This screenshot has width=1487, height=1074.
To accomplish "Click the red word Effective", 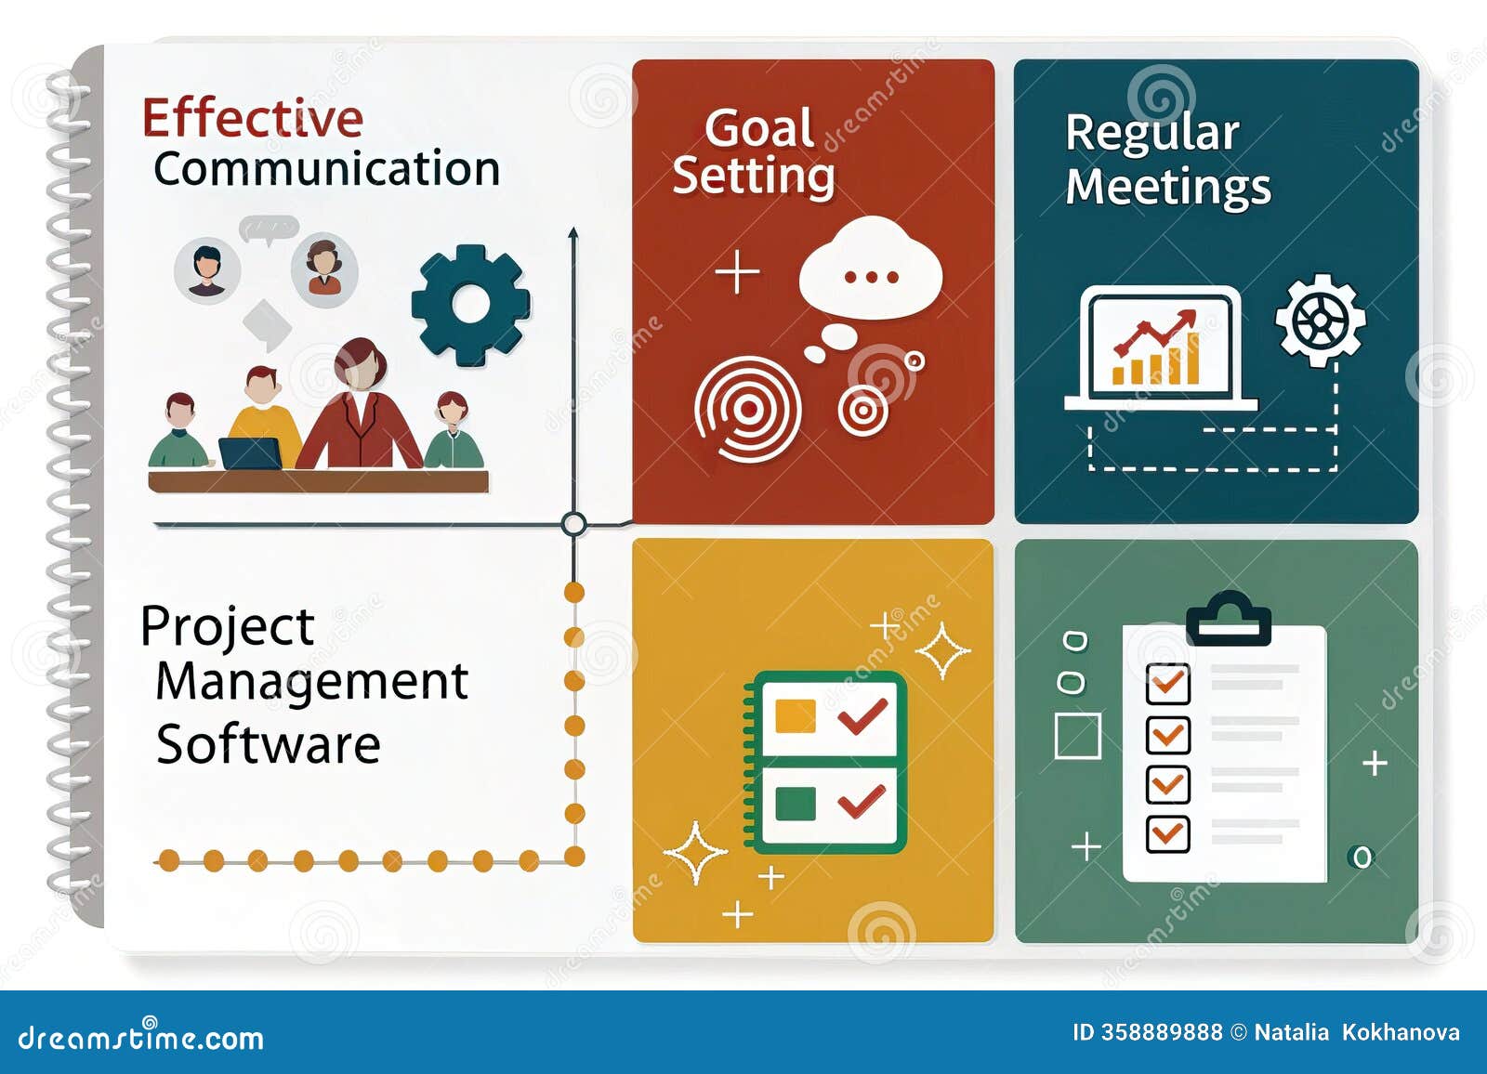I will [252, 118].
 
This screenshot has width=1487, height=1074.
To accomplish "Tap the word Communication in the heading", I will [326, 169].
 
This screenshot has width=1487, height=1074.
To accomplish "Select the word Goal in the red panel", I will [758, 128].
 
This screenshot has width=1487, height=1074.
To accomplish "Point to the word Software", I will [269, 744].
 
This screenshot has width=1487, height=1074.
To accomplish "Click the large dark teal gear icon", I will [470, 305].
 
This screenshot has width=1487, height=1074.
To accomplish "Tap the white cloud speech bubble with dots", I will [870, 270].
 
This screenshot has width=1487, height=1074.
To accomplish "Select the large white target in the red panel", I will [747, 409].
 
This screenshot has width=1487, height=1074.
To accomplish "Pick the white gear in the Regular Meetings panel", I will [1320, 321].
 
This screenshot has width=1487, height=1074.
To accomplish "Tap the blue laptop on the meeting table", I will [251, 453].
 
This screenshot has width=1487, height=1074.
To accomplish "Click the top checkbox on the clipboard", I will [1167, 685].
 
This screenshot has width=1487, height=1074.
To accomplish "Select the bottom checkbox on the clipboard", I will [1167, 832].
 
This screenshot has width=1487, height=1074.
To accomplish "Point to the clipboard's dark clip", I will [1228, 620].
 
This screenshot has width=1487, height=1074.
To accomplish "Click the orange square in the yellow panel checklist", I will [795, 716].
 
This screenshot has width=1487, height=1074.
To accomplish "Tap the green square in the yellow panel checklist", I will [795, 804].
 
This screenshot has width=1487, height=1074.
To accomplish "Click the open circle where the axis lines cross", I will [574, 524].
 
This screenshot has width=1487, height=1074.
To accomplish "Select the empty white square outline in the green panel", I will [1078, 737].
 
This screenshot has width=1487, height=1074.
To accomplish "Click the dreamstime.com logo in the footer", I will [141, 1037].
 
